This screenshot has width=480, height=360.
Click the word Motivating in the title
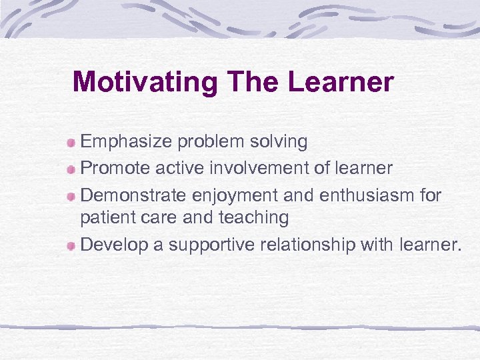point(145,83)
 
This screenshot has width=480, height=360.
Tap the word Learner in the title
point(341,83)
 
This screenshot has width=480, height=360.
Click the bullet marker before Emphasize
point(71,143)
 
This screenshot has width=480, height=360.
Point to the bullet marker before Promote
point(71,169)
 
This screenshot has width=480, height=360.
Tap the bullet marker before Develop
point(71,246)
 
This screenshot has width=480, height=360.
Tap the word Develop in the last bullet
point(113,245)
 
